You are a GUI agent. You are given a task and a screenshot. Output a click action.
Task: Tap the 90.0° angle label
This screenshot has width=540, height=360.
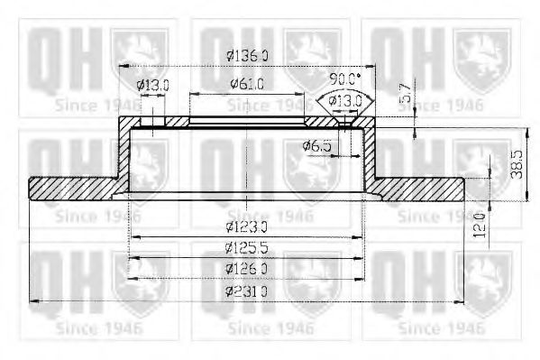click(x=345, y=78)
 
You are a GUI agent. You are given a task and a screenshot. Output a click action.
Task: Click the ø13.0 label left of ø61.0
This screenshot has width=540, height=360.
click(x=153, y=85)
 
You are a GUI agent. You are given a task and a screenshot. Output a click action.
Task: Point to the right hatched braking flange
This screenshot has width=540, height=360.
click(x=419, y=188)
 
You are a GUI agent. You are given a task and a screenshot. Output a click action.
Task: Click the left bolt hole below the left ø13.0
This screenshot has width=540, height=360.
click(x=153, y=121)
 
